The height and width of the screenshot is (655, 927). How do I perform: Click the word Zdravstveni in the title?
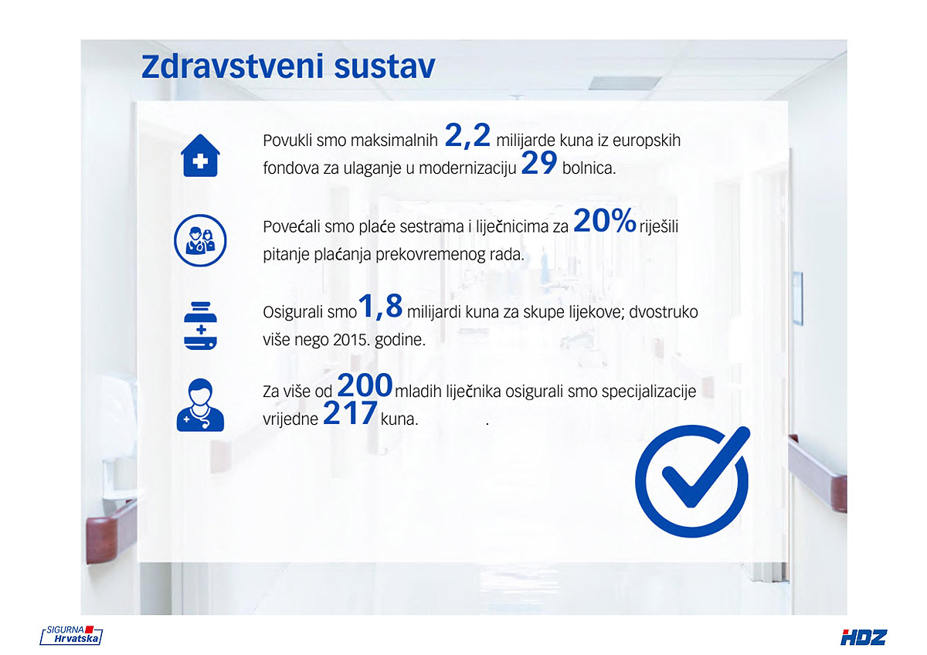233,66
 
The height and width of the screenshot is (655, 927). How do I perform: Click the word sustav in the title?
385,67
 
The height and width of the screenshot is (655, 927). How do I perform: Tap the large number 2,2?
467,136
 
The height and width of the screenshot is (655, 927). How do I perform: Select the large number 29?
539,163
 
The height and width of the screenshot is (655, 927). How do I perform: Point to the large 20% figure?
605,221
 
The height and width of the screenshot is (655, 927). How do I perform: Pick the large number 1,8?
380,307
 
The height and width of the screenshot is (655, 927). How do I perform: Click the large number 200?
365,385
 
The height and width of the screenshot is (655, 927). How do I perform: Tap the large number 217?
350,413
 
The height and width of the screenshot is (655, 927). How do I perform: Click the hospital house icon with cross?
200,155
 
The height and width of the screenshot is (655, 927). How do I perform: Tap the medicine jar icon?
200,326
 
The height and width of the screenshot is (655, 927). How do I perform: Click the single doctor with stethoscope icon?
200,406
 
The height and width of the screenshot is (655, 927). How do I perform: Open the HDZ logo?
864,638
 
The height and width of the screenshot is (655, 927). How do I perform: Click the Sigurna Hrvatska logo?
71,635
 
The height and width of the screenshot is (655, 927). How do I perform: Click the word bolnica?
589,168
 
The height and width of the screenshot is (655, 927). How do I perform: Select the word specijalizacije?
648,392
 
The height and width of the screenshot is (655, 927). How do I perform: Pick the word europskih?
646,141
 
